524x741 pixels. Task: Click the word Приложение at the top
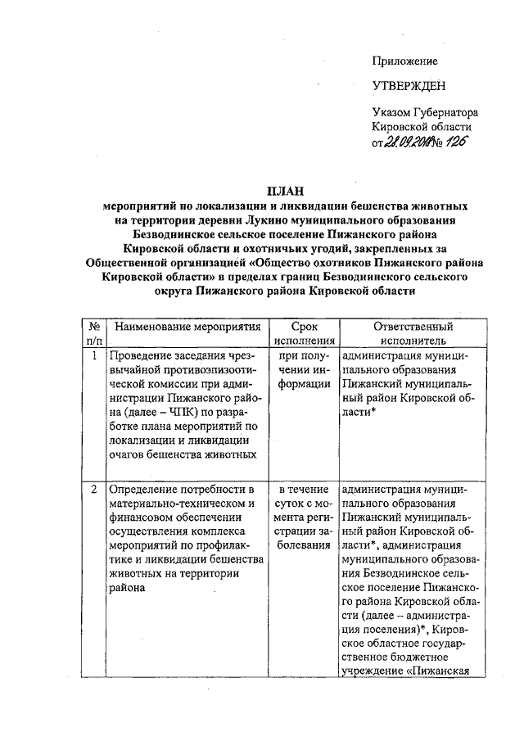[x=404, y=61]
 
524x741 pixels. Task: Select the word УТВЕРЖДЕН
[x=409, y=86]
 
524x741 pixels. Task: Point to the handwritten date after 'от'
[x=409, y=144]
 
